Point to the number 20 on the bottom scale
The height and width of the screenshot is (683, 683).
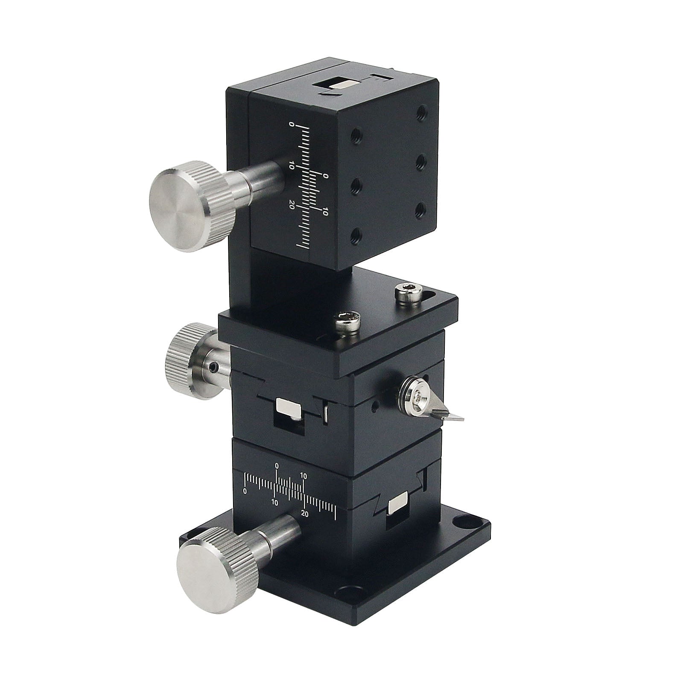coord(304,514)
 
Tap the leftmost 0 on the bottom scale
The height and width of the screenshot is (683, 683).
coord(245,491)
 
